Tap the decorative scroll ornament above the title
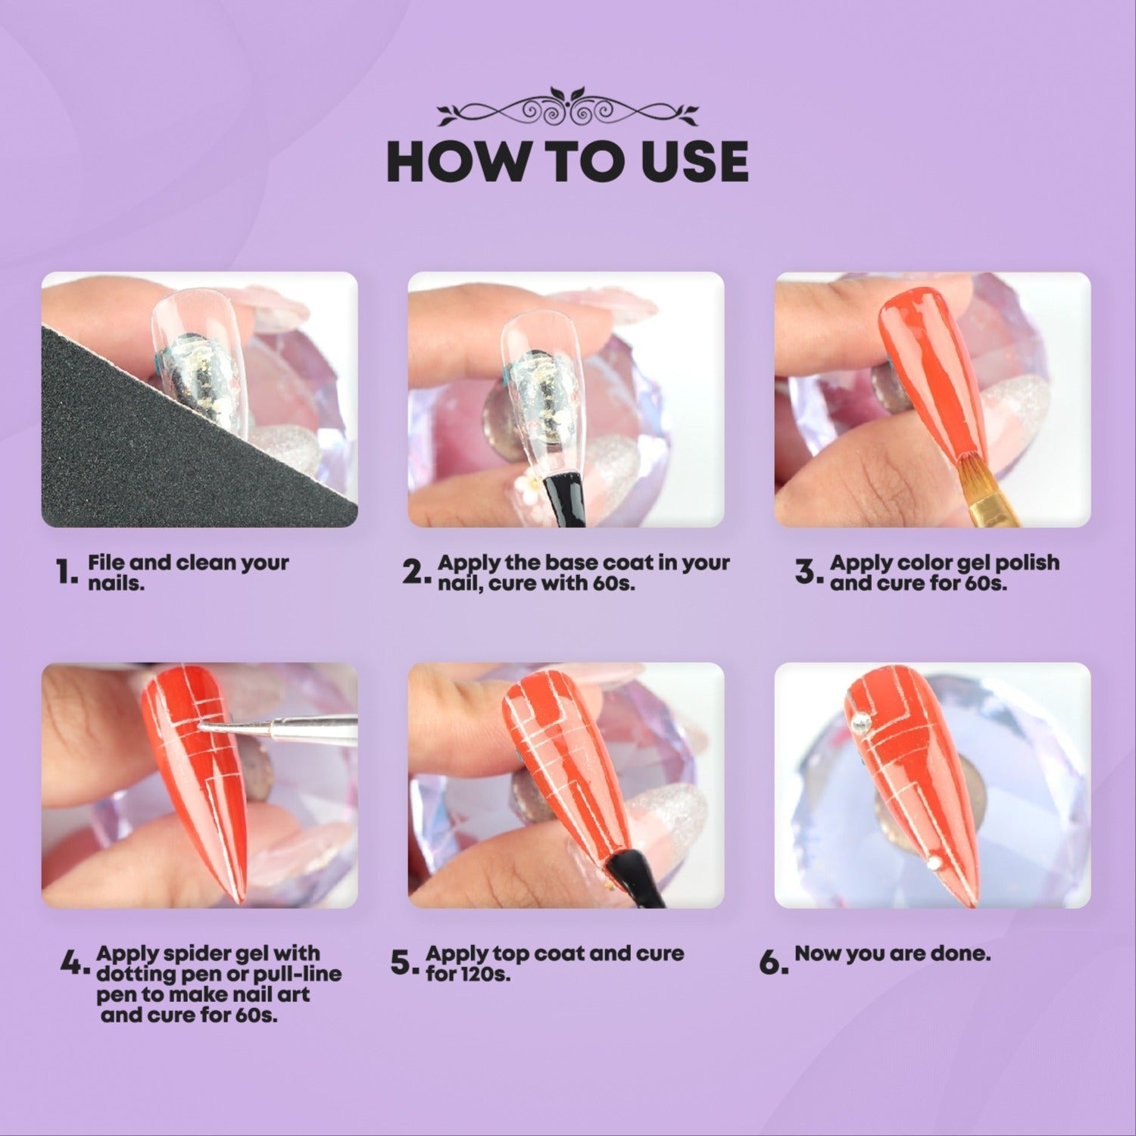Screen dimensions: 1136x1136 point(568,111)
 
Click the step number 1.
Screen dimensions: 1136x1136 point(66,573)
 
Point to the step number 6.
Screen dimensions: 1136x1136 point(769,964)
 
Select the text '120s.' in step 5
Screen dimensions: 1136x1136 point(485,974)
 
